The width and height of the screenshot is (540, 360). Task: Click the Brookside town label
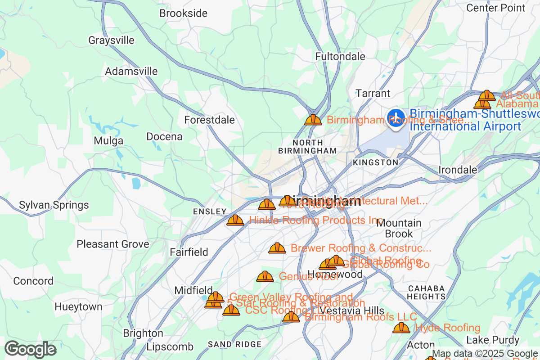(183, 13)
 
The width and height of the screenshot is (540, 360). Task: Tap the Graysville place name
(111, 40)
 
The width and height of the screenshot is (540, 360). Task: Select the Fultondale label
(340, 57)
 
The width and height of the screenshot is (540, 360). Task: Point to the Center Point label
(496, 8)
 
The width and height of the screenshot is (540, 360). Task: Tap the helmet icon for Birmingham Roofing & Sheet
(313, 120)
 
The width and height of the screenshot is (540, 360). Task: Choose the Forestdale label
(209, 120)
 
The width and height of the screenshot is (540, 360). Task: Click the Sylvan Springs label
(54, 205)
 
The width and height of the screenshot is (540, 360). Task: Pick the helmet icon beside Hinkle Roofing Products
(235, 220)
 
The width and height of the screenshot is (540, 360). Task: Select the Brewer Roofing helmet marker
(277, 248)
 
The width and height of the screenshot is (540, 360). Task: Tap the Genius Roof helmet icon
(265, 276)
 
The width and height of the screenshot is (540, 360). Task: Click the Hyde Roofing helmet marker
(401, 328)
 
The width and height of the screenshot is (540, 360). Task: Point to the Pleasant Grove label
(112, 244)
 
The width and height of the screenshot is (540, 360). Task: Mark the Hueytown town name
(78, 307)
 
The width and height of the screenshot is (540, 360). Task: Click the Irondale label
(458, 170)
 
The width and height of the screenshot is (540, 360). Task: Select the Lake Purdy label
(493, 340)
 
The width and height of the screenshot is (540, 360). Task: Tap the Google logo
(30, 349)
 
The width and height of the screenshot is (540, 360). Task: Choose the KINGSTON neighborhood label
(375, 162)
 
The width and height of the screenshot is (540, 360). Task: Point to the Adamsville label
(131, 71)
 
